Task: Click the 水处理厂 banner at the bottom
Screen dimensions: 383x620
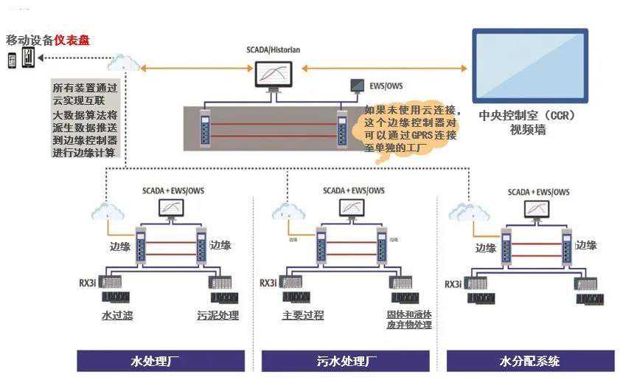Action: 161,361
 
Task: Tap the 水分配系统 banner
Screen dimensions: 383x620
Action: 530,361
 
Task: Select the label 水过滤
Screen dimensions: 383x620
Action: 116,316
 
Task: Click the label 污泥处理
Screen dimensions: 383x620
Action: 218,316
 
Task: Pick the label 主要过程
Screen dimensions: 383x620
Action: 302,315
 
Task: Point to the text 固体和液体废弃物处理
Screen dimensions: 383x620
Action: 408,319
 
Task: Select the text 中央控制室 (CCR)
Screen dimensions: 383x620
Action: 526,116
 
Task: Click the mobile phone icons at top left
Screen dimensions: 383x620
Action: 21,58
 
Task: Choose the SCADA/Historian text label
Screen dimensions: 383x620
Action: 273,50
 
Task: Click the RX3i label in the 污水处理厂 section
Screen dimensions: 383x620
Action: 268,283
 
